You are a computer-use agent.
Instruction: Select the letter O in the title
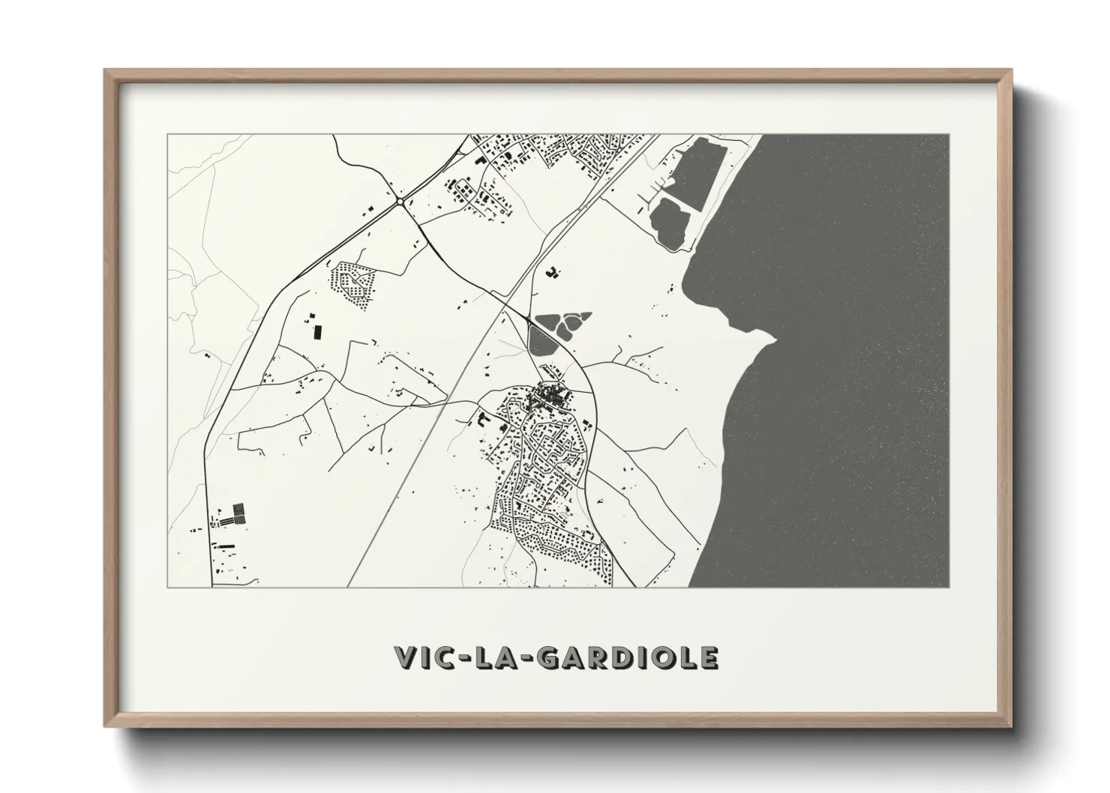pos(664,657)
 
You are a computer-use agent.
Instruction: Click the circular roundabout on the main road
pos(400,201)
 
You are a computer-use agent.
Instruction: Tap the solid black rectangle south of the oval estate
pos(316,331)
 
